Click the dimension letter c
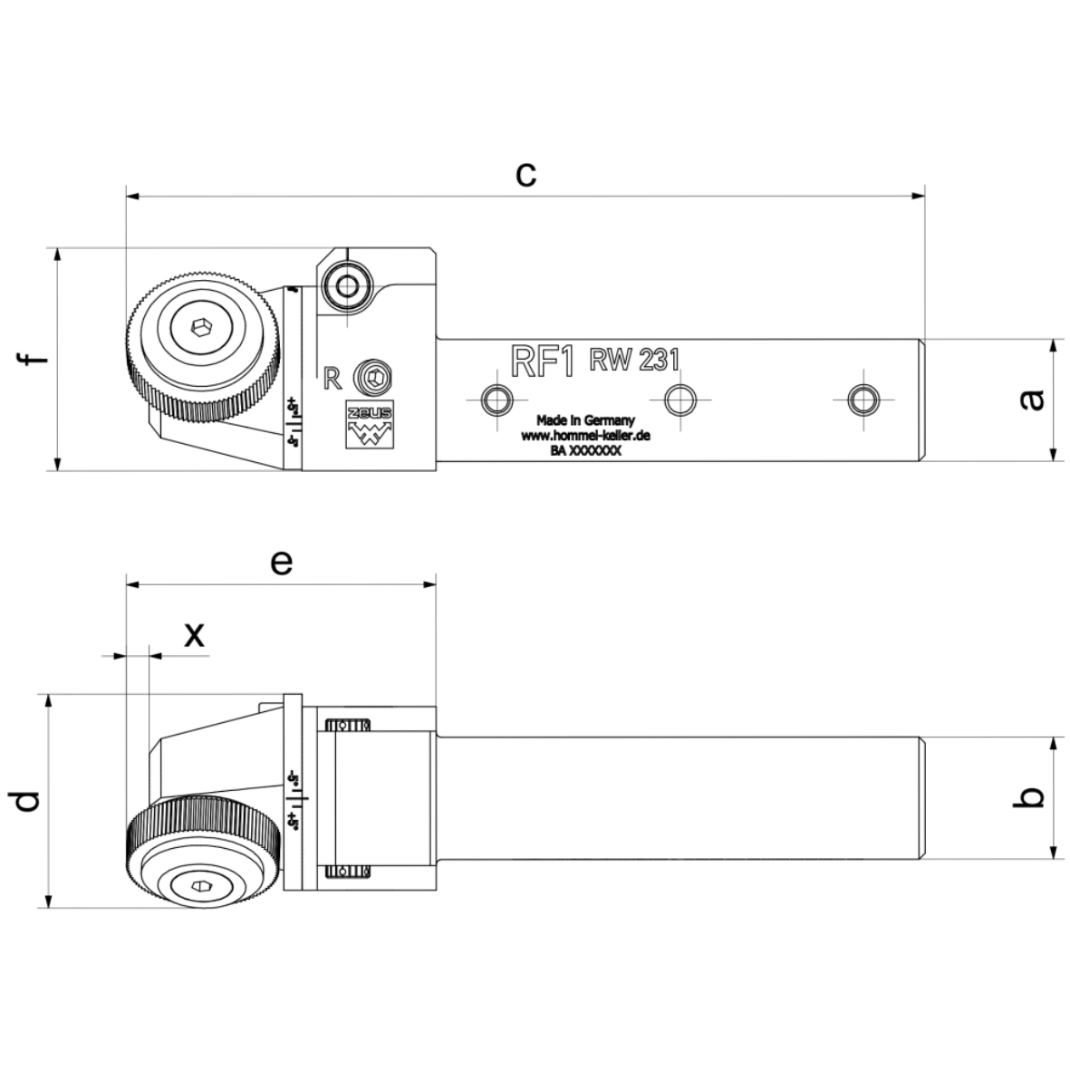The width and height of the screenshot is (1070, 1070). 525,173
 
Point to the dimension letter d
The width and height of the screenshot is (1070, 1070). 27,801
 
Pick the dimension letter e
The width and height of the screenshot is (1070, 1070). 282,563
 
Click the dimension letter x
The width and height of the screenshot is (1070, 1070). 194,636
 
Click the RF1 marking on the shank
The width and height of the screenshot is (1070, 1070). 543,361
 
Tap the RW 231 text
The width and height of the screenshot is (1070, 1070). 634,360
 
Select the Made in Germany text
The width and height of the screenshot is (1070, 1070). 585,420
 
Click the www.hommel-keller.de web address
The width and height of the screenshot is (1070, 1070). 586,436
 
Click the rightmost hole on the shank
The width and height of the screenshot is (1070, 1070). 862,398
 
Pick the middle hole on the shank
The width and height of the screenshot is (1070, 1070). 680,398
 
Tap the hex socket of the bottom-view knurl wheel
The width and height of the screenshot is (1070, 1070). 200,886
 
